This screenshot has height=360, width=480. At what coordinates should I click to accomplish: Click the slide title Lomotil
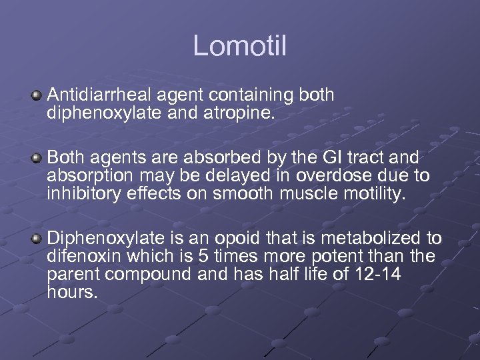pos(240,46)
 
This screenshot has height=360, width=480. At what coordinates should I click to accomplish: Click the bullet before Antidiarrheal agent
pos(37,97)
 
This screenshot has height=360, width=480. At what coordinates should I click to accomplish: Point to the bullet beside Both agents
pos(37,158)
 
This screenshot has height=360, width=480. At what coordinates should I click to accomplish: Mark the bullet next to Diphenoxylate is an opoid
pos(37,238)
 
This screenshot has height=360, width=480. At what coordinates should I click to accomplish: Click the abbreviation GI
pos(326,158)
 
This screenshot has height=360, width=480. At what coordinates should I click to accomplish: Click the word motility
pos(371,194)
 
